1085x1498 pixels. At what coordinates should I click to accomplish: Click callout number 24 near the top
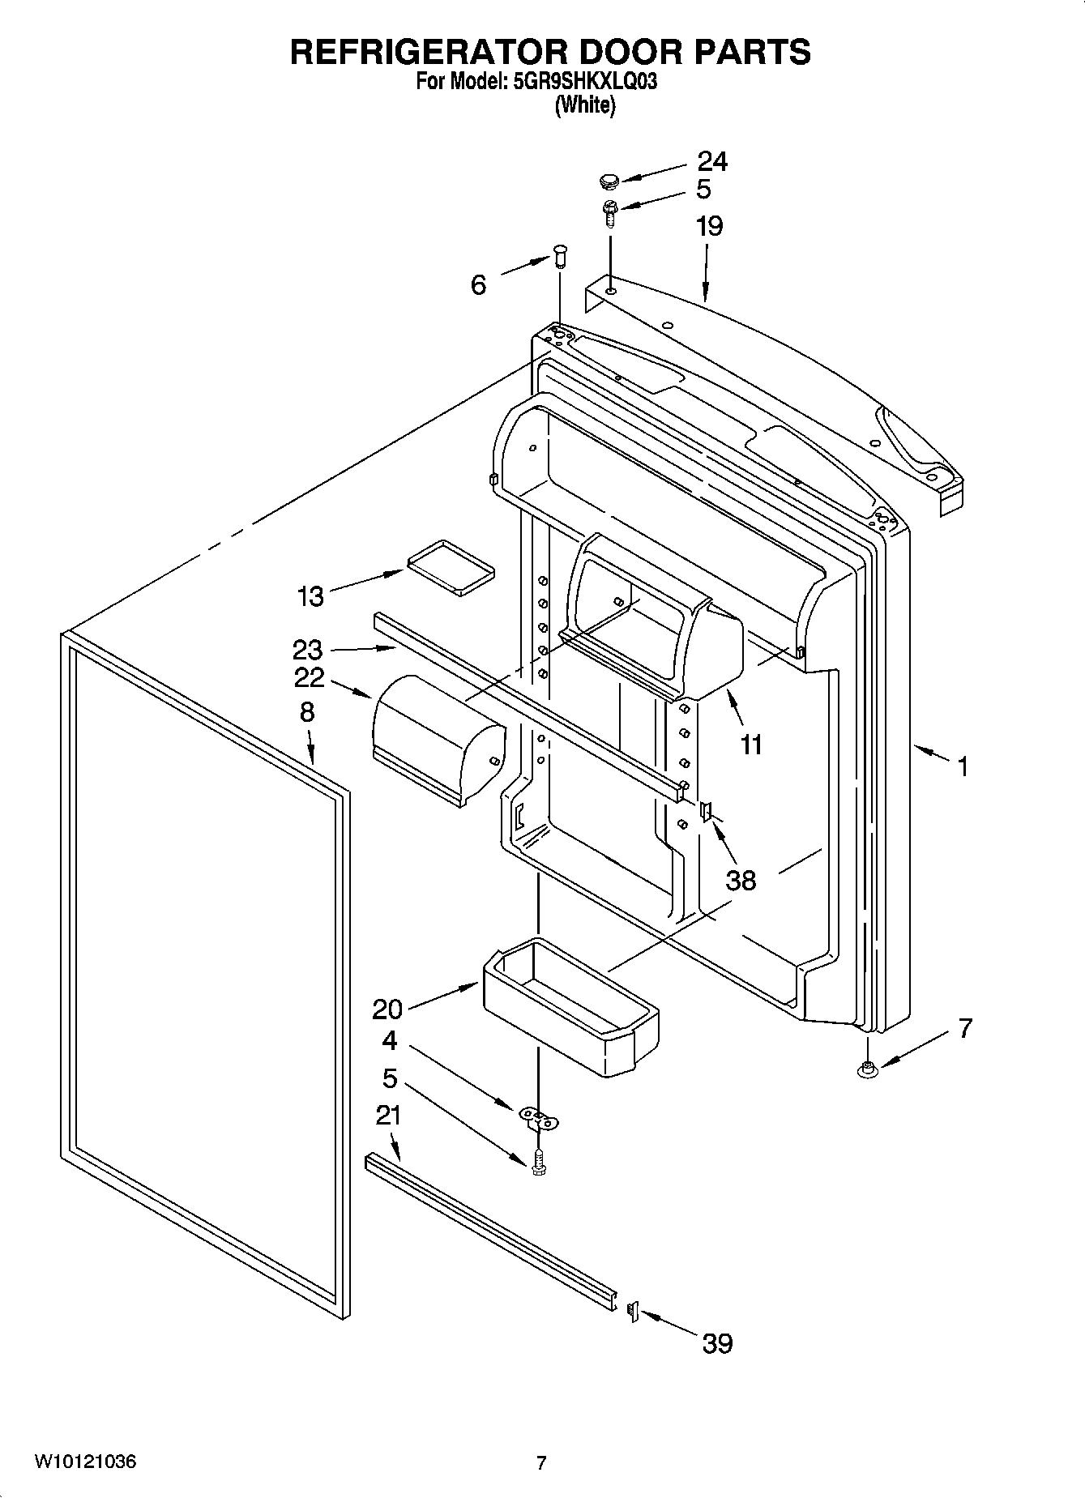coord(712,161)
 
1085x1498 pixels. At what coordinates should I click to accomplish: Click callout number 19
coord(708,226)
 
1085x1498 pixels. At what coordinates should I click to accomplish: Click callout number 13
coord(310,596)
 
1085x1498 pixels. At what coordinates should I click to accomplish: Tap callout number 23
coord(308,649)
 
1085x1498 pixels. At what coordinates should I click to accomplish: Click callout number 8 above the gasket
coord(307,712)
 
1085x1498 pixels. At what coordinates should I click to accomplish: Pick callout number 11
coord(751,744)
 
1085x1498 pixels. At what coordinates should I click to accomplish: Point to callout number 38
coord(741,880)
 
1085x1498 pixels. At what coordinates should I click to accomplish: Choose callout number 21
coord(388,1116)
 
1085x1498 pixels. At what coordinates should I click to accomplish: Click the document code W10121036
coord(85,1462)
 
